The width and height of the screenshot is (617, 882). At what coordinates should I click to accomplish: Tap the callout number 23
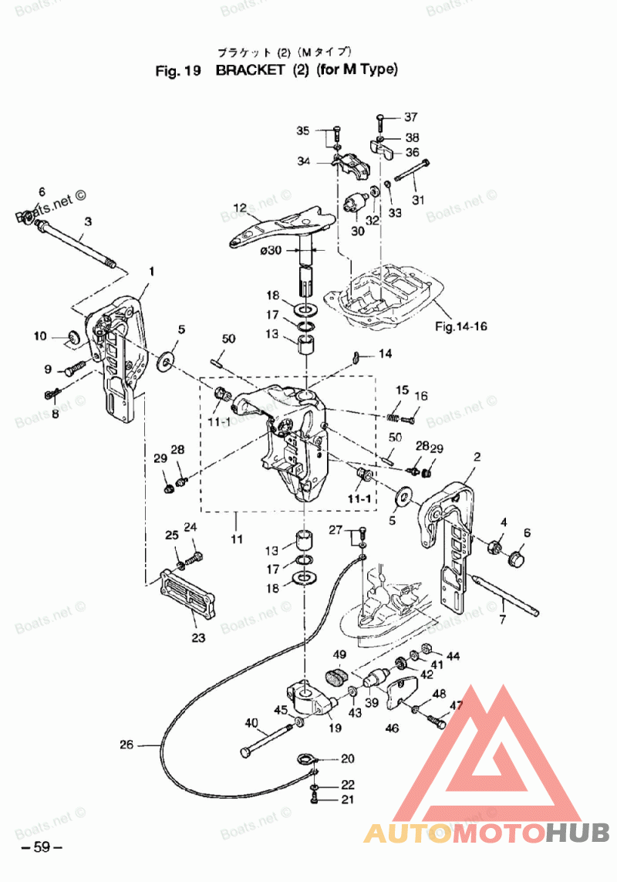pos(198,638)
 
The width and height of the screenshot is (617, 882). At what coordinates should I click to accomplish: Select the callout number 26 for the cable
pos(126,745)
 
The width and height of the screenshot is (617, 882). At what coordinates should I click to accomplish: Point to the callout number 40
pos(251,723)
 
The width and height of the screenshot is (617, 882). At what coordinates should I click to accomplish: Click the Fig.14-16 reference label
pos(461,326)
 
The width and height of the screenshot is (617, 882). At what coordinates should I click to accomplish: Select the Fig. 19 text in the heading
pos(178,71)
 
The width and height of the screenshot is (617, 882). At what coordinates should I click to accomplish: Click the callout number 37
pos(410,117)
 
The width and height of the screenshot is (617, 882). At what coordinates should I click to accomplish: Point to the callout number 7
pos(502,620)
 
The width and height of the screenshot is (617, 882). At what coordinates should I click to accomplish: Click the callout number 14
pos(384,353)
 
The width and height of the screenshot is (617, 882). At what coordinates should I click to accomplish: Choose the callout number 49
pos(339,655)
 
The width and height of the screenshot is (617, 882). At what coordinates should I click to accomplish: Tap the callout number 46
pos(393,728)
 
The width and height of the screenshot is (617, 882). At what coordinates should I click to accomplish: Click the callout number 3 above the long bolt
pos(88,221)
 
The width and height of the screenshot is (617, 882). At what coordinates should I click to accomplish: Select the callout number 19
pos(335,728)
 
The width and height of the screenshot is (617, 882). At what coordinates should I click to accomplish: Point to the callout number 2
pos(477,457)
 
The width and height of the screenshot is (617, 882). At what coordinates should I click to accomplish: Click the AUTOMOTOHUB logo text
pos(487,833)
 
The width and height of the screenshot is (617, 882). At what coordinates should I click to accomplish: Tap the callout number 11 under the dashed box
pos(237,538)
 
